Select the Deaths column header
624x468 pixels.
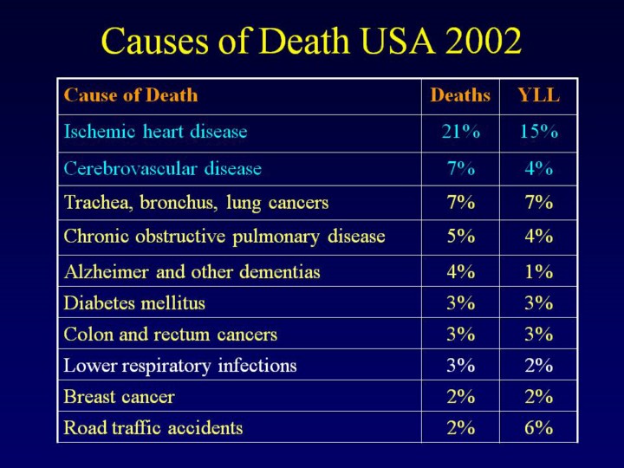(x=460, y=95)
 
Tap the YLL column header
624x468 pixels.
(x=538, y=95)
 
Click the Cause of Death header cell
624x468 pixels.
(x=131, y=95)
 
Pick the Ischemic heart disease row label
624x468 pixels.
(x=156, y=133)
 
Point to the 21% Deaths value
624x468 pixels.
(x=460, y=133)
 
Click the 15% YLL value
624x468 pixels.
(x=538, y=133)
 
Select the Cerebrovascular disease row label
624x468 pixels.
(x=163, y=169)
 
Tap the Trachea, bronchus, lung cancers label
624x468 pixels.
(x=197, y=204)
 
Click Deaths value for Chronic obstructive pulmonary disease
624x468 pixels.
(x=460, y=237)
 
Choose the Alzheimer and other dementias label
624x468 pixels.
(x=192, y=272)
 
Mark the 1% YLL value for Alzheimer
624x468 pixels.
(x=538, y=272)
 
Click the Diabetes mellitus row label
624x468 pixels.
(x=134, y=303)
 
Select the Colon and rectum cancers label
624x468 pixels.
(x=171, y=335)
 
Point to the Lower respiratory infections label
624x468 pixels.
(x=180, y=366)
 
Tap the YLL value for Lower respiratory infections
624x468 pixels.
(x=538, y=366)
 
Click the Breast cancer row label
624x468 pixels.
(x=120, y=397)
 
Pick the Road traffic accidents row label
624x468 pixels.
(x=153, y=428)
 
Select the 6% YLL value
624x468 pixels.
(x=538, y=428)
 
